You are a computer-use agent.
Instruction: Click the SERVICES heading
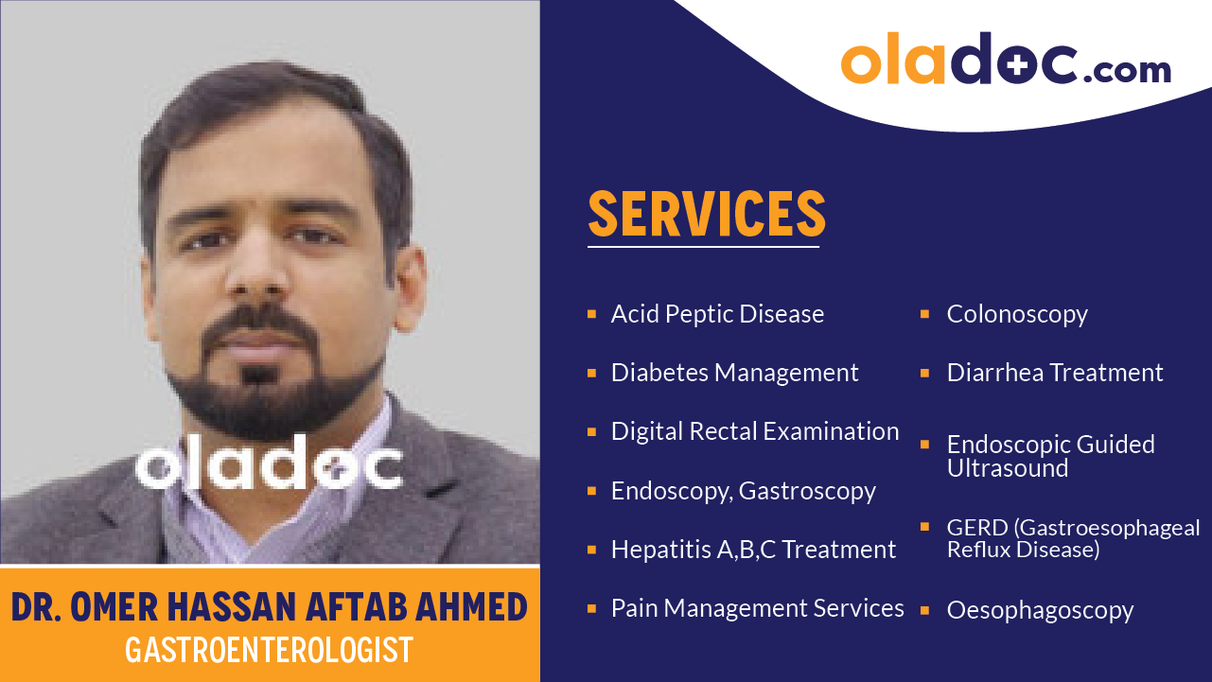[707, 214]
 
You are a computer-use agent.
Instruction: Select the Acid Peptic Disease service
[717, 314]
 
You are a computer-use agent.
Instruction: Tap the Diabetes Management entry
[734, 373]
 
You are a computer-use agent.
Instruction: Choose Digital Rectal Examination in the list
[754, 431]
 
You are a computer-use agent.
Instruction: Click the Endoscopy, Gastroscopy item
[743, 491]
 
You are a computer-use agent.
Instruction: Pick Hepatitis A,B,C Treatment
[753, 550]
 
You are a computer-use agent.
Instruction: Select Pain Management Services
[757, 608]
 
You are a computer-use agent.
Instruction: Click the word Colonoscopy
[1017, 314]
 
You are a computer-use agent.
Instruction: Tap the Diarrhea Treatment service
[1055, 373]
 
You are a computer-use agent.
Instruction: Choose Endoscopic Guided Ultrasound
[1050, 456]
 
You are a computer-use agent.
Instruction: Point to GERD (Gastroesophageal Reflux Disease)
[1073, 538]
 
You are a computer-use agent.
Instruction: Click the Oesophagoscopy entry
[1040, 611]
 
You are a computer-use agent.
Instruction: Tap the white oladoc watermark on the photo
[270, 463]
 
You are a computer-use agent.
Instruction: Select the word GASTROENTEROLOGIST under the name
[270, 650]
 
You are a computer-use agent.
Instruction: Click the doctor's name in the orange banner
[270, 606]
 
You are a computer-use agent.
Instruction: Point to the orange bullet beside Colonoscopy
[925, 313]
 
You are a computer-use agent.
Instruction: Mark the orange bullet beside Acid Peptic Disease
[591, 313]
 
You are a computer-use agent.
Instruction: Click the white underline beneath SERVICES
[703, 247]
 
